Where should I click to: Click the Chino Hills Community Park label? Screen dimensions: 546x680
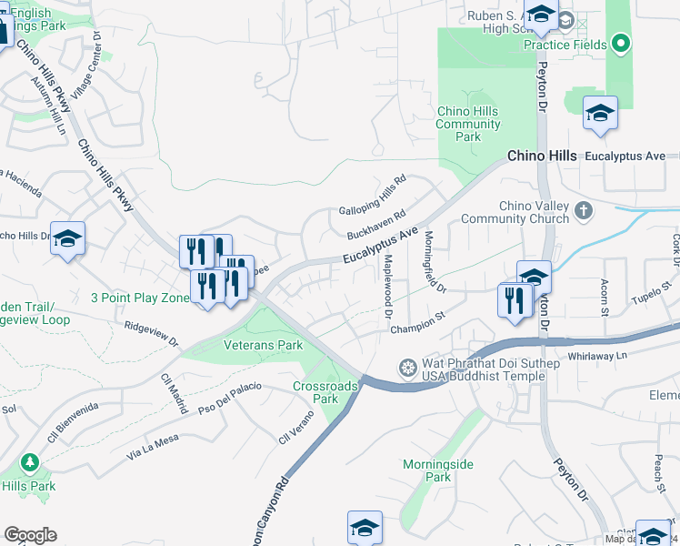click(467, 124)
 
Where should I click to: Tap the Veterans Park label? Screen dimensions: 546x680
click(265, 346)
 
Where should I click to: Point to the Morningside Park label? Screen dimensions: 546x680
click(438, 470)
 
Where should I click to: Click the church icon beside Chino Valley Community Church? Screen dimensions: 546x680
click(584, 211)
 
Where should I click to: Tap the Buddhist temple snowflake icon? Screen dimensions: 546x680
click(409, 368)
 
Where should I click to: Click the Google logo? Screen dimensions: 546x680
click(30, 535)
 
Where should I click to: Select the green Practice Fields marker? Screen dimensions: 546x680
click(621, 42)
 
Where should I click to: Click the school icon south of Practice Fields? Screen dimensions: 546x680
click(600, 113)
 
